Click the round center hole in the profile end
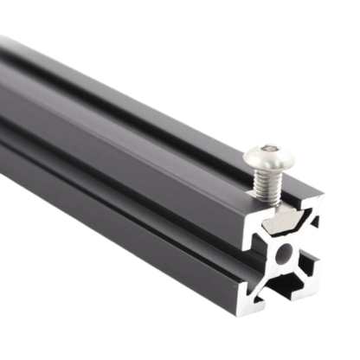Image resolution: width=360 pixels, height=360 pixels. point(284,254)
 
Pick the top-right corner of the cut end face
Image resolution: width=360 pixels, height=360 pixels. point(323,198)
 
